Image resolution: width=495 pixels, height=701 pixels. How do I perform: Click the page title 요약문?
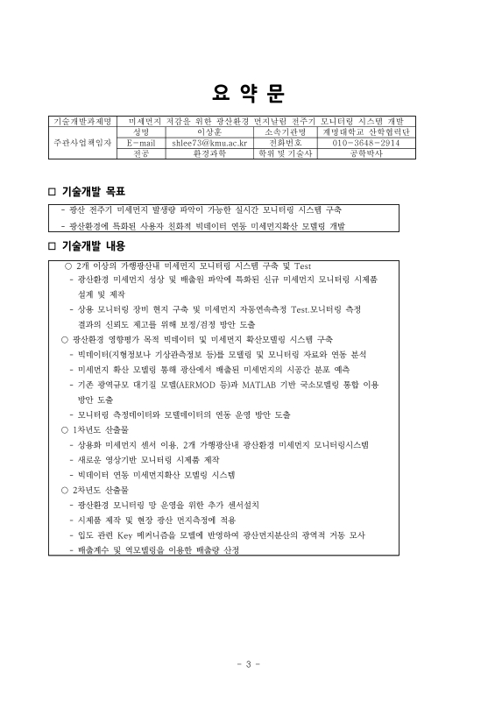click(x=248, y=92)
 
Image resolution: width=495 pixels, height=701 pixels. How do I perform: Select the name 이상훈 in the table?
click(x=209, y=131)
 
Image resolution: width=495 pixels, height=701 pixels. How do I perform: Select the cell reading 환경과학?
click(x=209, y=152)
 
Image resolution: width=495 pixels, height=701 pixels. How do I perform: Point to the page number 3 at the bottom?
click(x=248, y=663)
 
